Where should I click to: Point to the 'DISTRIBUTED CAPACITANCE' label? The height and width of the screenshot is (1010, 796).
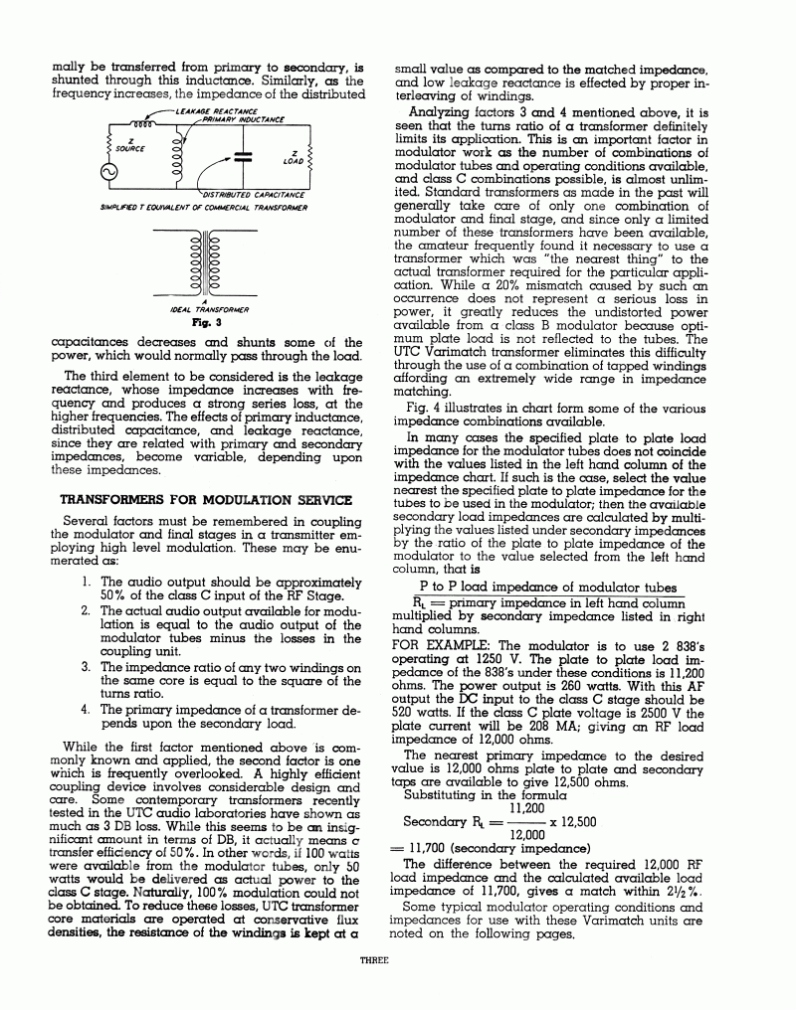pyautogui.click(x=253, y=195)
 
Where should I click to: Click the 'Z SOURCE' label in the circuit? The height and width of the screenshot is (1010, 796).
pyautogui.click(x=130, y=145)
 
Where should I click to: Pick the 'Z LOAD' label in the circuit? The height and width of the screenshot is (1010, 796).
pyautogui.click(x=295, y=157)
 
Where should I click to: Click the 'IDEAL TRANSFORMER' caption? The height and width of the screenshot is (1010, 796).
pyautogui.click(x=204, y=310)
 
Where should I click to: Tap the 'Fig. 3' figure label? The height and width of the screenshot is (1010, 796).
pyautogui.click(x=205, y=323)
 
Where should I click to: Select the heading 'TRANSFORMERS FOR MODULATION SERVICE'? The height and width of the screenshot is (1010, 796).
pyautogui.click(x=206, y=498)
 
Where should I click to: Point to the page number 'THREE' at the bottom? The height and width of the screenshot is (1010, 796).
pyautogui.click(x=375, y=961)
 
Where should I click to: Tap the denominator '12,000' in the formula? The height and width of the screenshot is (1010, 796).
pyautogui.click(x=527, y=835)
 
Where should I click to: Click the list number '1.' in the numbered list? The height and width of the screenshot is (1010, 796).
pyautogui.click(x=89, y=582)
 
